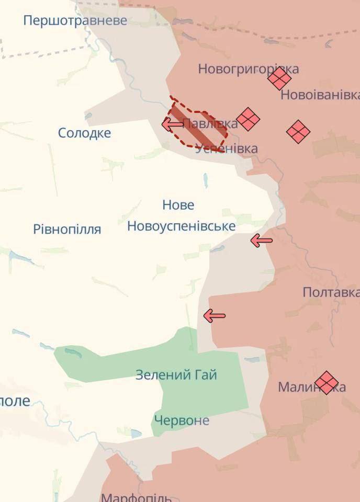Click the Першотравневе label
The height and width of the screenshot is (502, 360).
pos(75,20)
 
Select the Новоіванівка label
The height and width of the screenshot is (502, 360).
pos(320,95)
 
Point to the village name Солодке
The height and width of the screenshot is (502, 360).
pos(84,133)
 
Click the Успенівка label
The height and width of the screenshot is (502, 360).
pos(226,149)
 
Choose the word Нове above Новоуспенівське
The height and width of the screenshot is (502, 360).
pos(178,205)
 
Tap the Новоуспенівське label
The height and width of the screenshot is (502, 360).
pos(181,226)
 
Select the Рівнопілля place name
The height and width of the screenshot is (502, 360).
pos(67,229)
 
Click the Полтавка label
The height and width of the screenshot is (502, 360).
pos(331,292)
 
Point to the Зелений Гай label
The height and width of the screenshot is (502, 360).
pos(176,375)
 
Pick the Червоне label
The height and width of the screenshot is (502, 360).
pos(181,420)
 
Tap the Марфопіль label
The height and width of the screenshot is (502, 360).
pos(136,497)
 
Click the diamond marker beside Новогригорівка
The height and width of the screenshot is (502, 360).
pos(279,79)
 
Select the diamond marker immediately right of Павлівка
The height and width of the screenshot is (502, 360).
pos(248,119)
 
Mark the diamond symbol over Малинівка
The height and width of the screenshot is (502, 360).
pos(327,383)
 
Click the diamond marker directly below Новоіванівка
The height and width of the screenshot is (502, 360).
pos(298,131)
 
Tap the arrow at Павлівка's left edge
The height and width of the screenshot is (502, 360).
pos(172,124)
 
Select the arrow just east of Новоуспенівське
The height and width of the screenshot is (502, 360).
pos(262,241)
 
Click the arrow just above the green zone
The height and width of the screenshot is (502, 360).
pos(214,316)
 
